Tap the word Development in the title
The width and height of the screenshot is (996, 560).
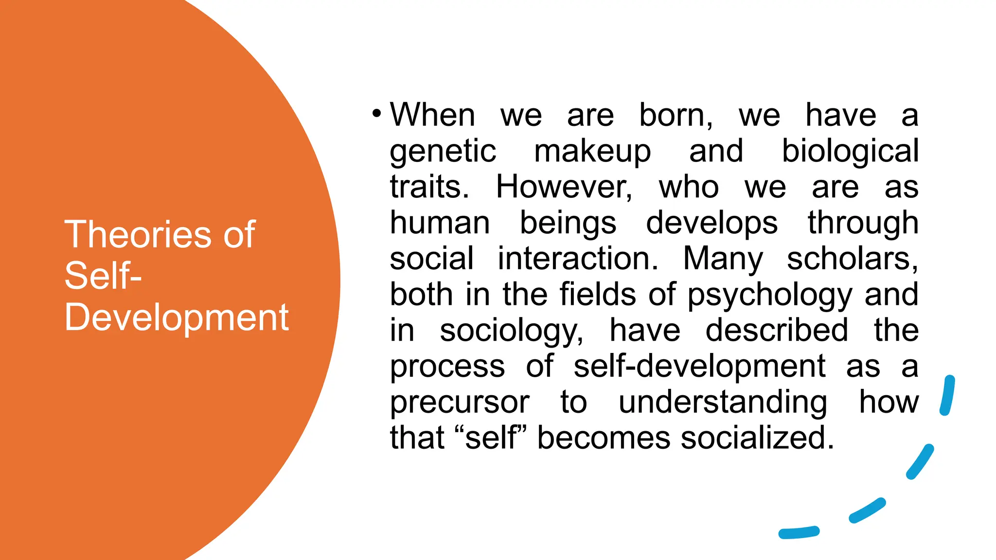pyautogui.click(x=177, y=318)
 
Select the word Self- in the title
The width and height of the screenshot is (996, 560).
pyautogui.click(x=103, y=276)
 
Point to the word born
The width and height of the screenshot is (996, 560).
pyautogui.click(x=676, y=115)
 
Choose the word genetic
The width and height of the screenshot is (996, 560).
pyautogui.click(x=443, y=151)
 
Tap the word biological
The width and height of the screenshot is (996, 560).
pyautogui.click(x=850, y=151)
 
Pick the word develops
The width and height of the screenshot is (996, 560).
pyautogui.click(x=712, y=224)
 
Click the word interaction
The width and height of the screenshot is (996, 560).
pyautogui.click(x=578, y=259)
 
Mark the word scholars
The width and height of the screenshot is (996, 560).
pyautogui.click(x=853, y=259)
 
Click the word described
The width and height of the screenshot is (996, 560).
pyautogui.click(x=777, y=330)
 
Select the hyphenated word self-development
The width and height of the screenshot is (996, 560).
pyautogui.click(x=699, y=366)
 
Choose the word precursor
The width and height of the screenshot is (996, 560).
pyautogui.click(x=460, y=402)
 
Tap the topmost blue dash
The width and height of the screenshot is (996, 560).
pyautogui.click(x=947, y=395)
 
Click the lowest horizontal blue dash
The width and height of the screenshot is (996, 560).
pyautogui.click(x=799, y=533)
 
